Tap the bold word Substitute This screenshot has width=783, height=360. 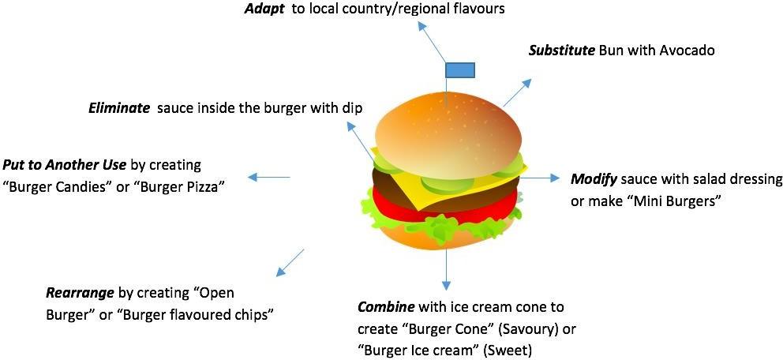[561, 51]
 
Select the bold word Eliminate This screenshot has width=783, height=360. [119, 108]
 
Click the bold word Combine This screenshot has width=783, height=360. [387, 306]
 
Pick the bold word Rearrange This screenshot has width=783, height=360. [80, 293]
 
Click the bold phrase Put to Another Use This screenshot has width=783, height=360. [64, 165]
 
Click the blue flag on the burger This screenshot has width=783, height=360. [459, 69]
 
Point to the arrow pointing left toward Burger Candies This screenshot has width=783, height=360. [268, 178]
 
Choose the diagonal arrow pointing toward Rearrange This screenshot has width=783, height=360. [289, 262]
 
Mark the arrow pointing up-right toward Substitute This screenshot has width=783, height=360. [517, 92]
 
